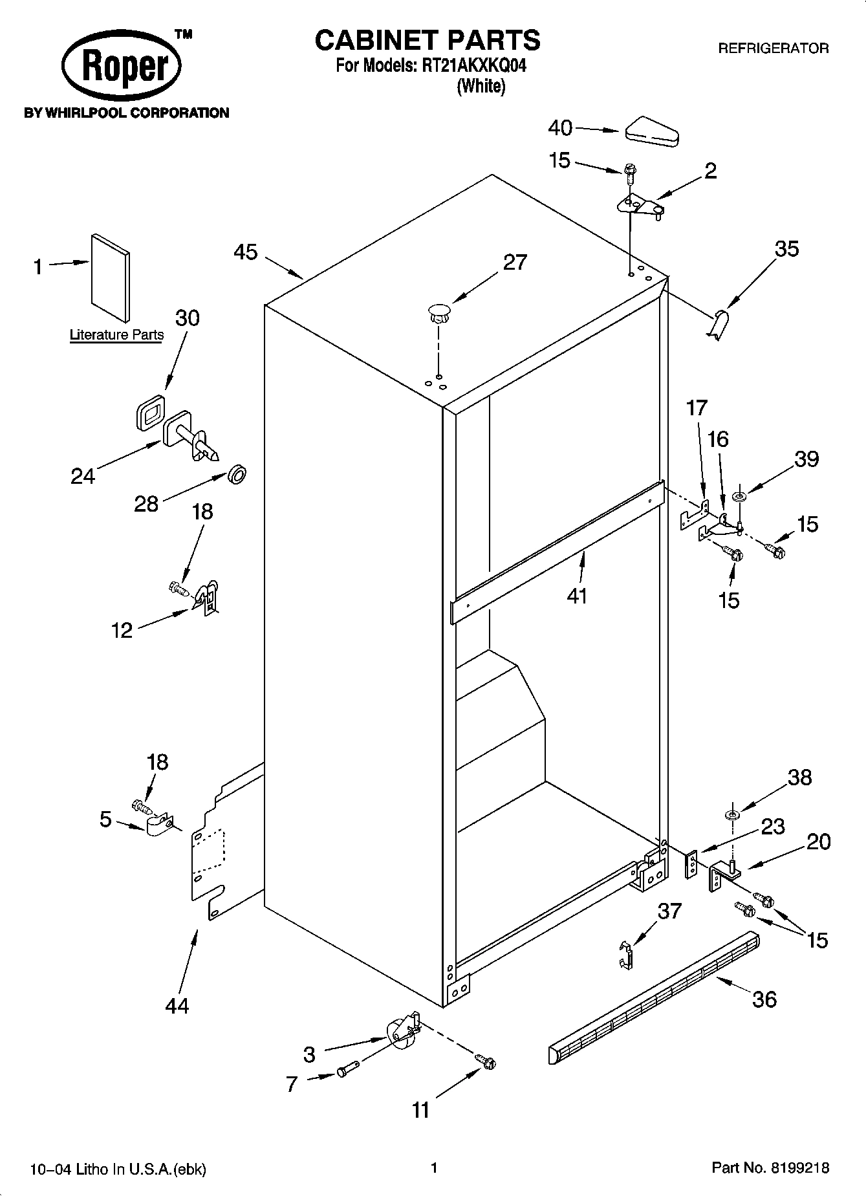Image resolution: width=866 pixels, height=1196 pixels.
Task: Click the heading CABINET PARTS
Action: tap(427, 40)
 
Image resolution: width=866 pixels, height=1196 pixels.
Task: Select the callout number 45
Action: tap(246, 252)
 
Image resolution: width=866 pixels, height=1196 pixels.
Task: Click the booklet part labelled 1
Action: tap(110, 277)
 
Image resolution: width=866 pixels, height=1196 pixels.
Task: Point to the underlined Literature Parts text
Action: tap(116, 335)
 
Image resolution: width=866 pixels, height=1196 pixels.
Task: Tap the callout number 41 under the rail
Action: tap(576, 595)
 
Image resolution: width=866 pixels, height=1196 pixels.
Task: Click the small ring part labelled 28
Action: tap(237, 475)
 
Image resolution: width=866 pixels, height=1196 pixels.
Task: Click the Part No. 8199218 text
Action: tap(770, 1168)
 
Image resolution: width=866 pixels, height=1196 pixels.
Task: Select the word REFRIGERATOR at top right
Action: tap(774, 49)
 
